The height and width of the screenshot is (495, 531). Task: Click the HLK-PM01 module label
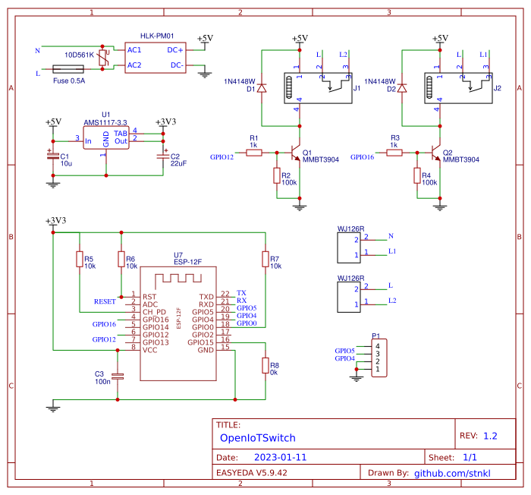[x=157, y=36]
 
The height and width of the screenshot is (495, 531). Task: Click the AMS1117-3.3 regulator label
[x=105, y=122]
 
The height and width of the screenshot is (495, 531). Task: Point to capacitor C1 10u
[x=52, y=156]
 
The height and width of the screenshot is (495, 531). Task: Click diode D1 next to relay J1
[x=262, y=89]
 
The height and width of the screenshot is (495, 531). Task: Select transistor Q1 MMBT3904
[x=298, y=153]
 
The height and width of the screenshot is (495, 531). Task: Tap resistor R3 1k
[x=394, y=153]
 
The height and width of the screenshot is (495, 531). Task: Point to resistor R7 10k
[x=265, y=260]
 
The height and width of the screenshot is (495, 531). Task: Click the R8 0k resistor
[x=265, y=366]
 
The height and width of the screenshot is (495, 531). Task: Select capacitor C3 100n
[x=117, y=376]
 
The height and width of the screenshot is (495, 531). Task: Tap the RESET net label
[x=105, y=301]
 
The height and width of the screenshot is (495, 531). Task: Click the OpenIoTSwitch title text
[x=257, y=438]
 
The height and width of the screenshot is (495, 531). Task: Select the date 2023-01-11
[x=281, y=459]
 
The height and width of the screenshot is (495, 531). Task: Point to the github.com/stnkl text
[x=452, y=473]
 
